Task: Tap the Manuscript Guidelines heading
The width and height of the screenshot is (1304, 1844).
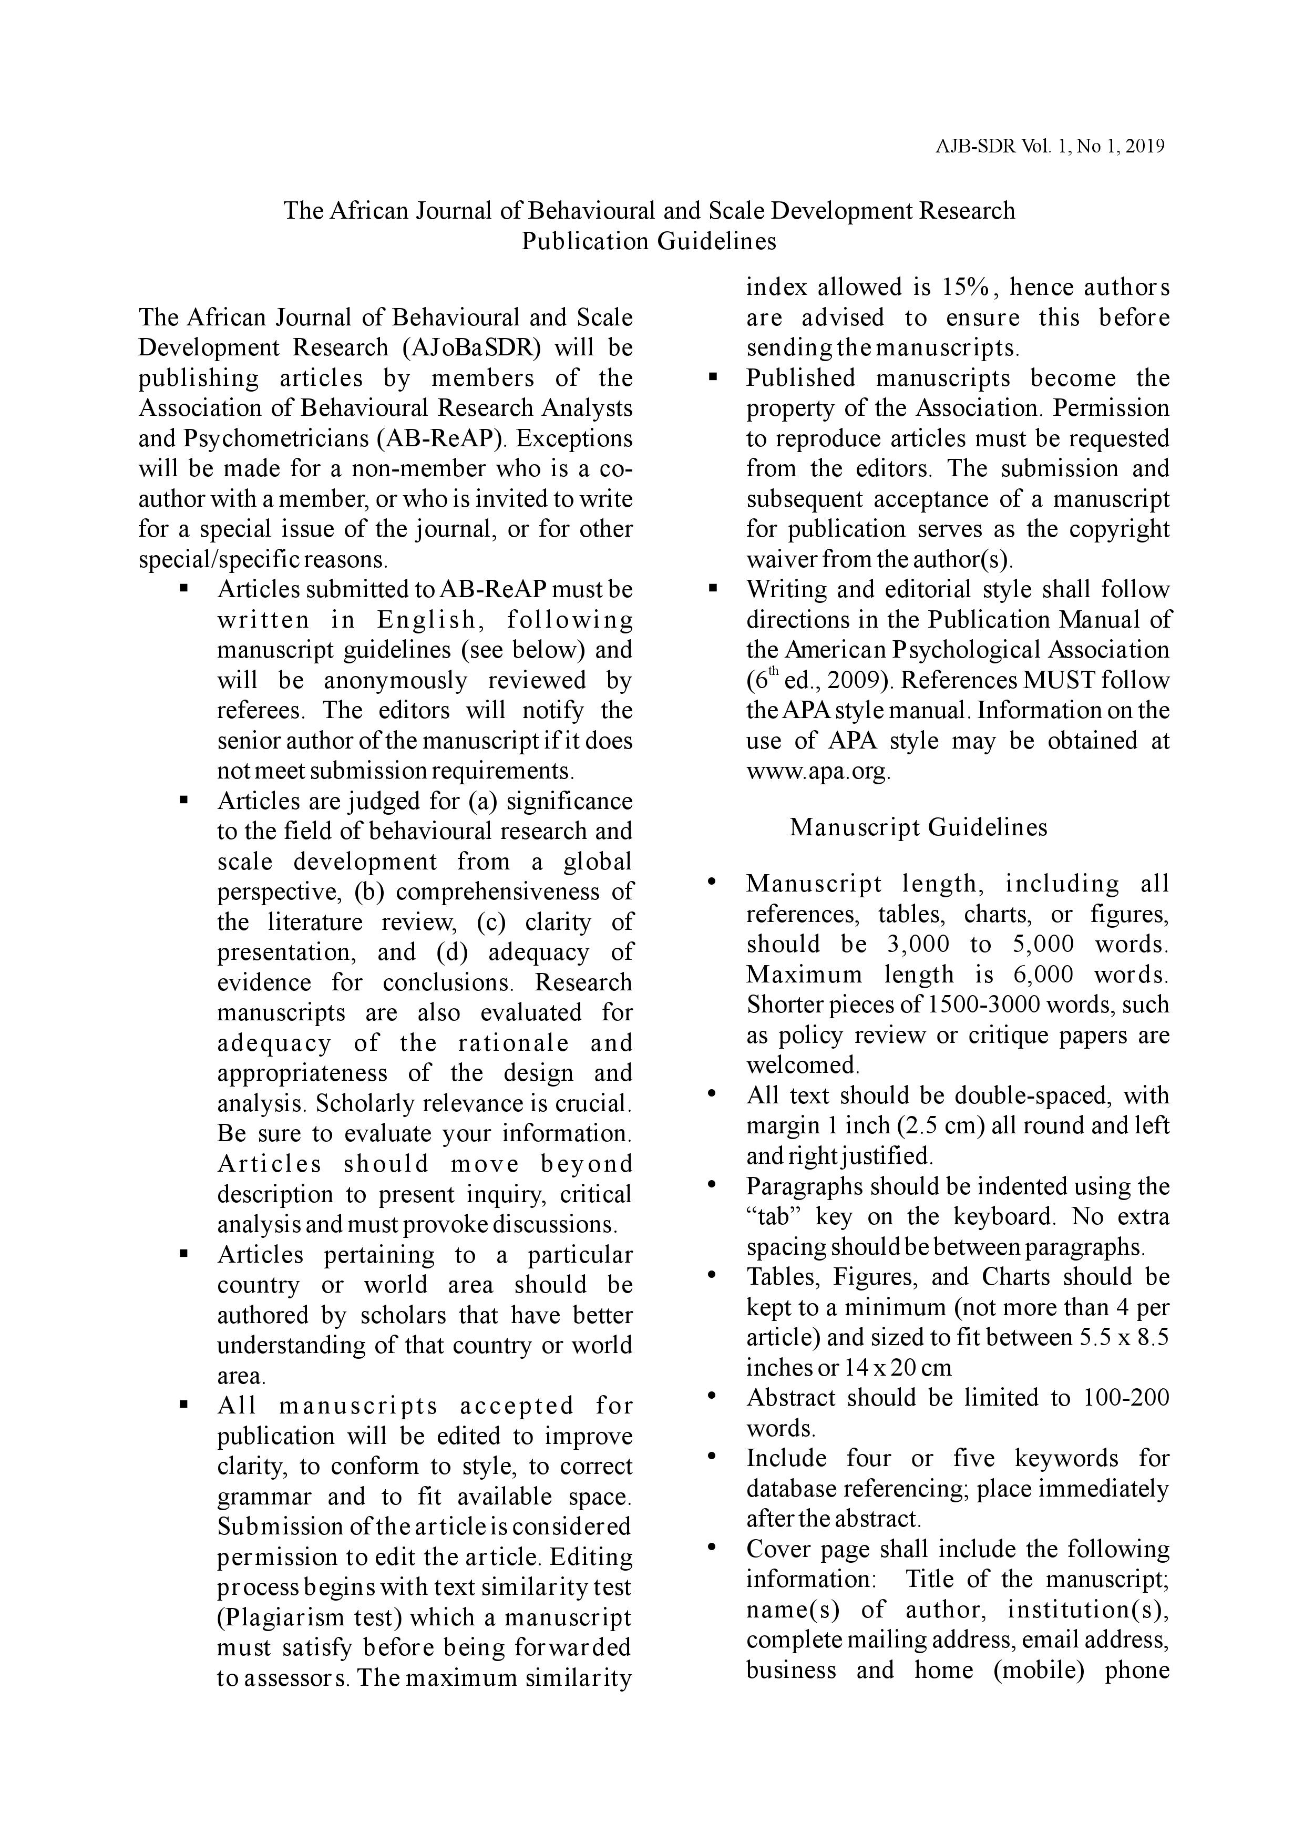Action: (x=918, y=827)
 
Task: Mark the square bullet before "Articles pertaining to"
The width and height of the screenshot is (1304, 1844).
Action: (x=184, y=1254)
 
